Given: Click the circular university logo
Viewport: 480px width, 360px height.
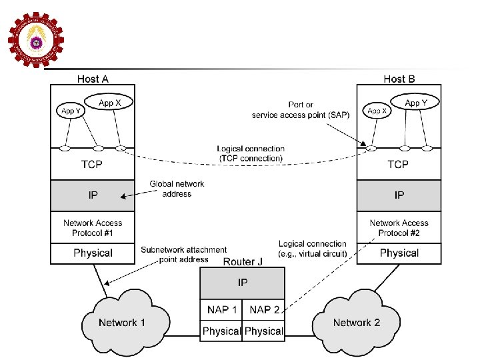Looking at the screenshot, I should pos(35,39).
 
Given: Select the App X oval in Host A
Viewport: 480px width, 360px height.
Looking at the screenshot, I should pos(109,103).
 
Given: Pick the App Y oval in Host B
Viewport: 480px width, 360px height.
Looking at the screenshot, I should pos(412,103).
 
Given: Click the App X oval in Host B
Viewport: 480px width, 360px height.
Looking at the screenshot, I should pos(377,111).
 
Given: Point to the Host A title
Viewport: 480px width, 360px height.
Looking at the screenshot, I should pos(93,79).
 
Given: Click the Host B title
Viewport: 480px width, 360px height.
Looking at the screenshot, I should pos(399,79).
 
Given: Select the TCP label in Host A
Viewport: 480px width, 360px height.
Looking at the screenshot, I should pos(93,164).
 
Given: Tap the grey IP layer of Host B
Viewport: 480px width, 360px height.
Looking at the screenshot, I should pos(399,195).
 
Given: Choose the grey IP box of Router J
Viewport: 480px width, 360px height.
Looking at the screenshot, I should pos(243,283).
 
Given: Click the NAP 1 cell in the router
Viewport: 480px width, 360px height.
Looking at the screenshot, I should pos(221,309).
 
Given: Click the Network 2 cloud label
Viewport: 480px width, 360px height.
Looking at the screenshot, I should pos(357,323).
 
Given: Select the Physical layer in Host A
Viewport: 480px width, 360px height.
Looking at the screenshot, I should pos(93,253).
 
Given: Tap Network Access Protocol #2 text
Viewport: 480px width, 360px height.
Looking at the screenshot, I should pos(399,228).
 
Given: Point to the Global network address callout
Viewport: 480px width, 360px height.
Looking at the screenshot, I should pos(177,189).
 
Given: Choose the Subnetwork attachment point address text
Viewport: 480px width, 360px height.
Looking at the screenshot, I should pos(183,254).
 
